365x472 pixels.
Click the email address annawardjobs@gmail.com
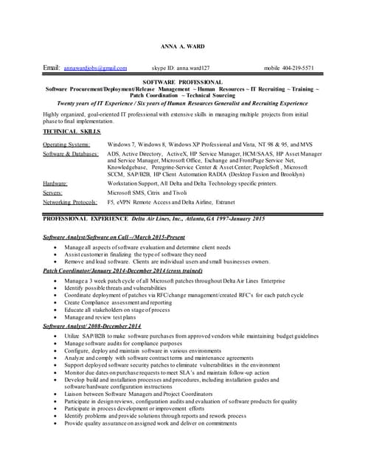point(95,68)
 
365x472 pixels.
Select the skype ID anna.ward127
point(186,68)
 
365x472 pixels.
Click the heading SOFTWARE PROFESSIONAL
point(182,82)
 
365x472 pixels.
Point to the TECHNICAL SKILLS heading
point(72,131)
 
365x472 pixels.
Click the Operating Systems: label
point(66,144)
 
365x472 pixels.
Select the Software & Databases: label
point(71,153)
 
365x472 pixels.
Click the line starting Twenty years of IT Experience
point(182,103)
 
